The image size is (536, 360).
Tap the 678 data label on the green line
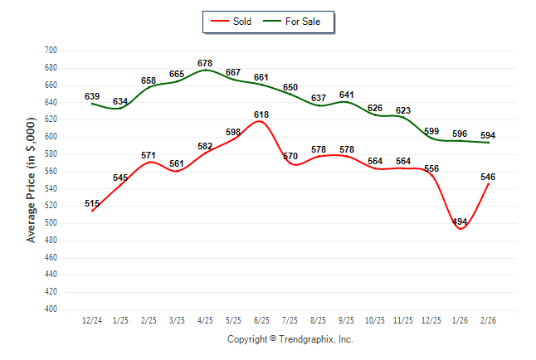205,63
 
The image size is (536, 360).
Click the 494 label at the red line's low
460,221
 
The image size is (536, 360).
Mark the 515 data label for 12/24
92,203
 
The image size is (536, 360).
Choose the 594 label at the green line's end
488,135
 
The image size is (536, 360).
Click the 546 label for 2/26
488,177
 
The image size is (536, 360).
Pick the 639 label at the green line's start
92,97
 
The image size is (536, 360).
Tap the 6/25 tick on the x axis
261,320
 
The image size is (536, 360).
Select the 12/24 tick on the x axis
92,320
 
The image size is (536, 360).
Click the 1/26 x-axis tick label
460,320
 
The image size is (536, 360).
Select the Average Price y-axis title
32,180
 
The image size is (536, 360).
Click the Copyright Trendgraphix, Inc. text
290,339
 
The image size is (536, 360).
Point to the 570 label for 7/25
290,156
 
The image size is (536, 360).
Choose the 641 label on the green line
346,95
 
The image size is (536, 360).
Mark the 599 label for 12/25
431,131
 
